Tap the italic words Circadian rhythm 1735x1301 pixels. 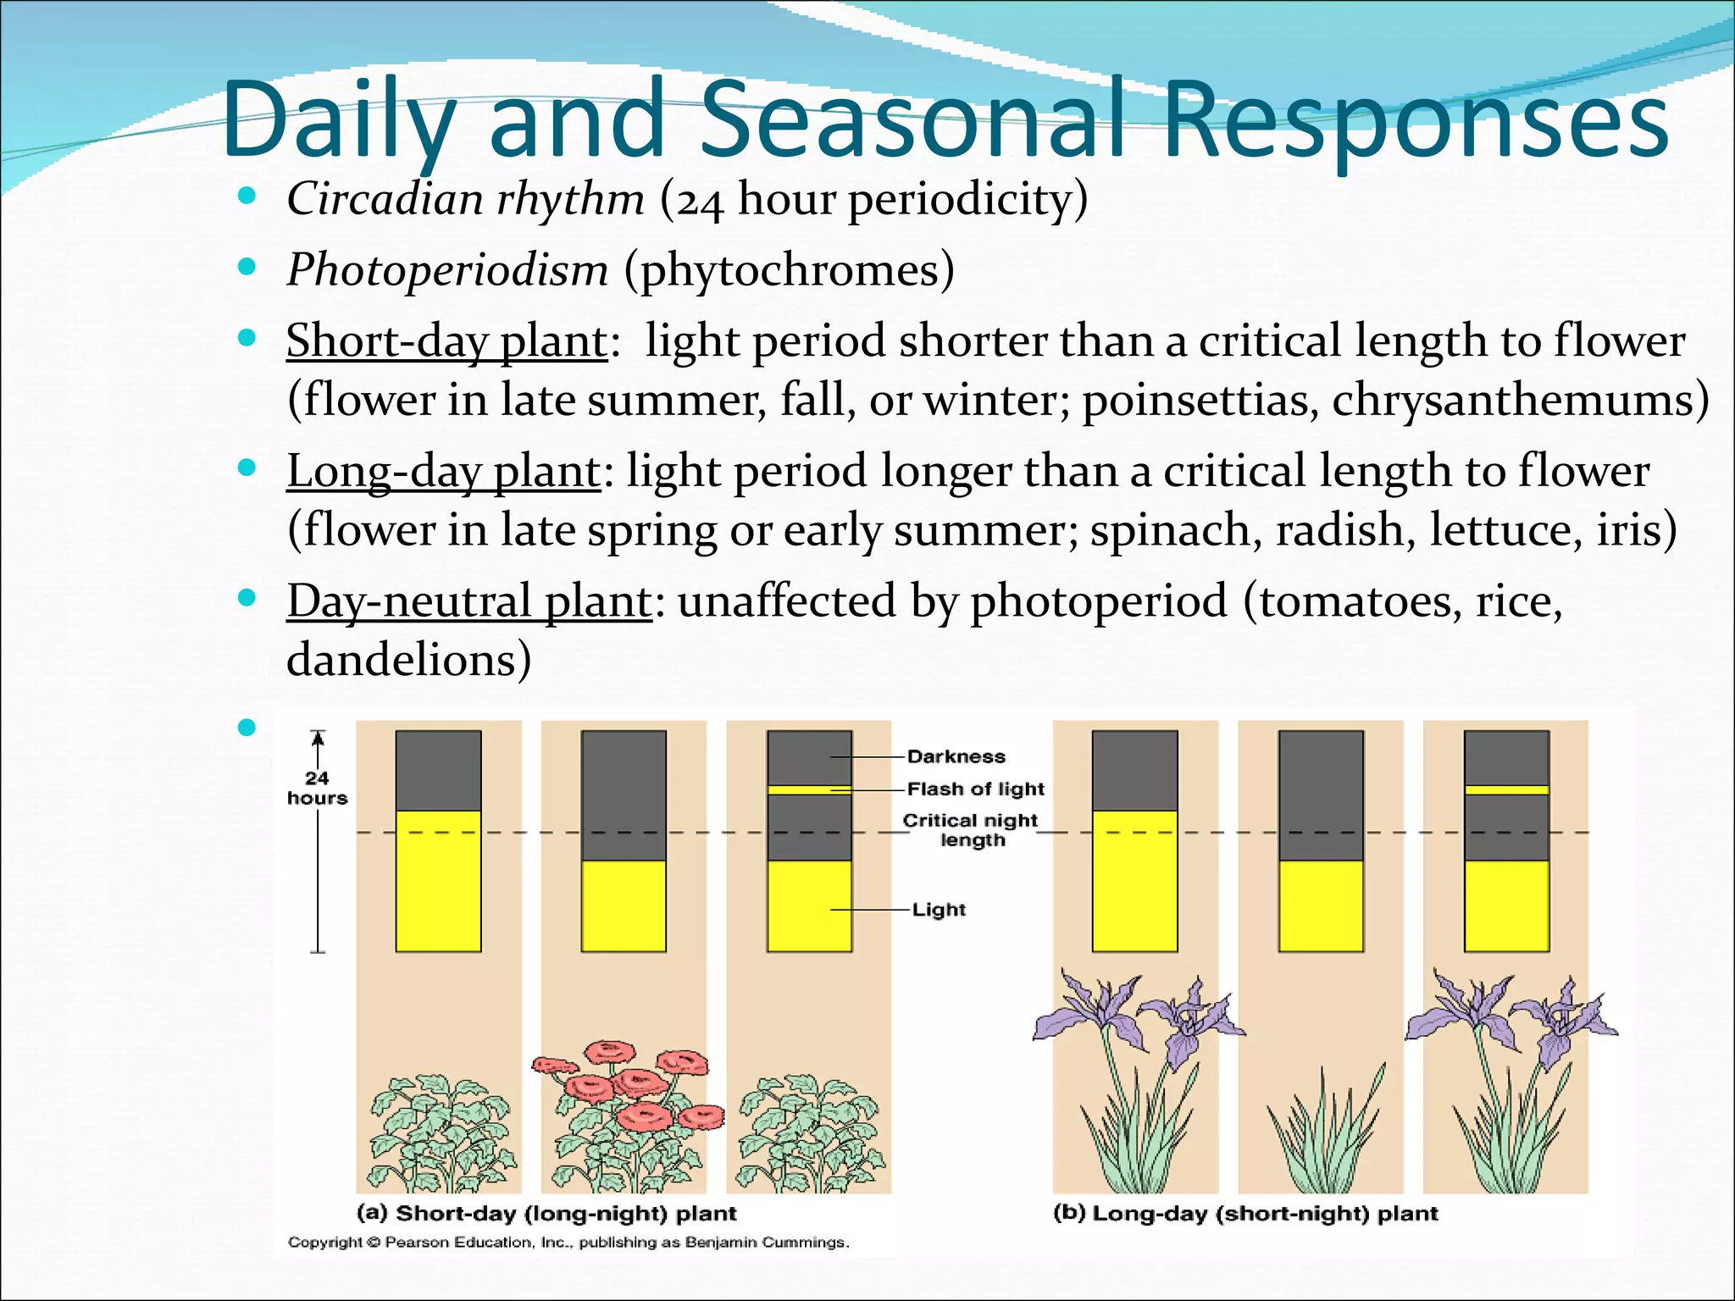465,200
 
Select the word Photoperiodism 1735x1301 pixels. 447,270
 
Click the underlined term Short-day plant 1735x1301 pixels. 446,341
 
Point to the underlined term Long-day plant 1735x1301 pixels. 443,472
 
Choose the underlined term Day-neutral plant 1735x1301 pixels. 468,602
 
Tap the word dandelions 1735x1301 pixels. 408,661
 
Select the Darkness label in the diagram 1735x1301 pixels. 956,756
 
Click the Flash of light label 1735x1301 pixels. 975,789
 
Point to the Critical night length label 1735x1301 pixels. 971,830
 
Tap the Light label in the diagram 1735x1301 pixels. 939,910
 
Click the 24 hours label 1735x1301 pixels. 317,788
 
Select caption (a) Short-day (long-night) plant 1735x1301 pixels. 546,1213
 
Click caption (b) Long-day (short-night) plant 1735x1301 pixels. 1244,1213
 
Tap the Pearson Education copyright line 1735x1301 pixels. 568,1243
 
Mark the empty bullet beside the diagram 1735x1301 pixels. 247,727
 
